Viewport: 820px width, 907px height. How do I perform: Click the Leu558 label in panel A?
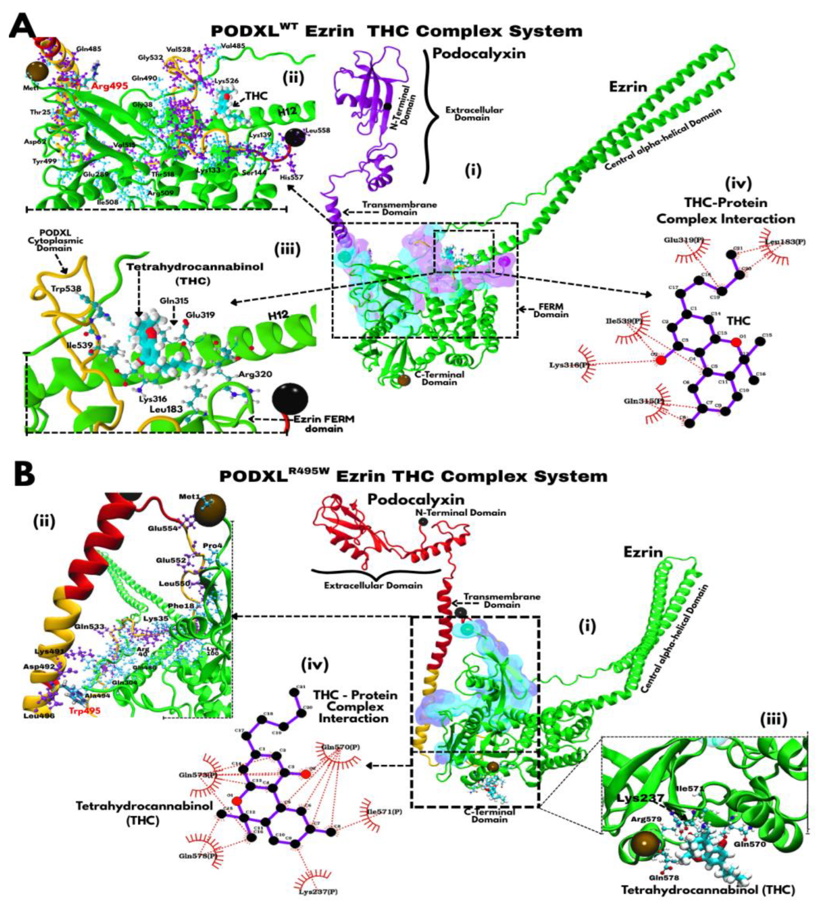(318, 131)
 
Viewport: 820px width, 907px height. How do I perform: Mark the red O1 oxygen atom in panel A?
(735, 342)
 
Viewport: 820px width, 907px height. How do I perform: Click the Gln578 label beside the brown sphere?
(664, 865)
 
